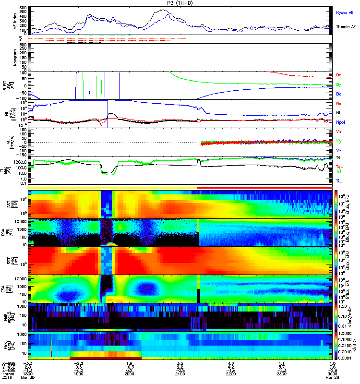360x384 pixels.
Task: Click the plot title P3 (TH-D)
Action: (x=180, y=3)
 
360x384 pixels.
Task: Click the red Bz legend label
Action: (x=339, y=75)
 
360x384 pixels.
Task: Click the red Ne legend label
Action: (x=339, y=103)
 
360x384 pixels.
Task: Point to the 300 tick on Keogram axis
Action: (x=23, y=45)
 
